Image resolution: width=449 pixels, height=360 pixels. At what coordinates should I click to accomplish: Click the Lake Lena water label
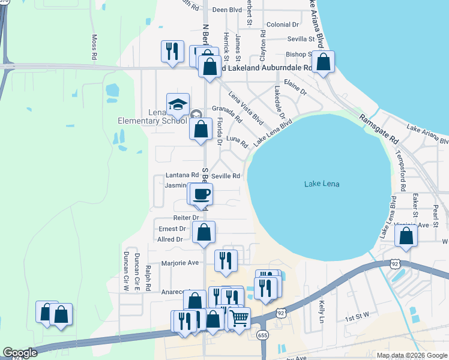[321, 184]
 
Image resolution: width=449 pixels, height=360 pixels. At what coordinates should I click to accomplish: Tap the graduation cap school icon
[178, 104]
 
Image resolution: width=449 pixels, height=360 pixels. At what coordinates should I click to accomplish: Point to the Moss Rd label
[94, 47]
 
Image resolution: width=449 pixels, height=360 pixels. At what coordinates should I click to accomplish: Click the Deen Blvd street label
[227, 10]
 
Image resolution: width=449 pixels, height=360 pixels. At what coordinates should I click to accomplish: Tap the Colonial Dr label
[283, 25]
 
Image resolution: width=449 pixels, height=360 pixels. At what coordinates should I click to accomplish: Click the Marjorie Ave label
[180, 263]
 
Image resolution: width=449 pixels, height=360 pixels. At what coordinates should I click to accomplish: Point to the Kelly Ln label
[322, 309]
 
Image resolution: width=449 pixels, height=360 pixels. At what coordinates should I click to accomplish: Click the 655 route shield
[262, 334]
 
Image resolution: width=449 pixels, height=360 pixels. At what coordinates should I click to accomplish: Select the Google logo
[20, 353]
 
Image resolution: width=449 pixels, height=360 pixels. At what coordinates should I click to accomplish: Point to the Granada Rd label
[227, 109]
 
